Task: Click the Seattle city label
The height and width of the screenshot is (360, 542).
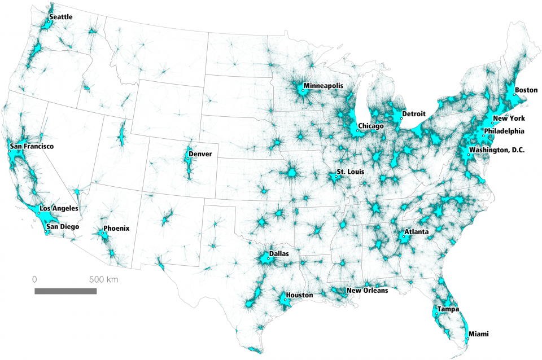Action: pos(60,17)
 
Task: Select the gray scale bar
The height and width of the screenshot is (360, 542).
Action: pos(65,291)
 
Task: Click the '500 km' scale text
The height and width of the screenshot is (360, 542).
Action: pos(103,279)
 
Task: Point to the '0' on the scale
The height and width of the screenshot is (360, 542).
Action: pos(34,279)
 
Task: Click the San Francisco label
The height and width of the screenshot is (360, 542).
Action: pos(32,147)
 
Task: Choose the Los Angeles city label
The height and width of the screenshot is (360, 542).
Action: pos(59,208)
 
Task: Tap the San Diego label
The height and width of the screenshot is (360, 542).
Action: pos(63,227)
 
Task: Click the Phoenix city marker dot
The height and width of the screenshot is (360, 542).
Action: pos(103,232)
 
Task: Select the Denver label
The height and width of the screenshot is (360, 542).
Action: pos(200,153)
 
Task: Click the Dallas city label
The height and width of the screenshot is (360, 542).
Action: pos(279,254)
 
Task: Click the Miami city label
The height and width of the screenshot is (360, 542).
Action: pos(478,334)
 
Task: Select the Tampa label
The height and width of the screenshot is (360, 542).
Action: pos(448,309)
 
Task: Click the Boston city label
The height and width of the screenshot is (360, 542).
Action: pos(526,90)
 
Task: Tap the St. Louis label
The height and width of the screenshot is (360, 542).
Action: pos(350,171)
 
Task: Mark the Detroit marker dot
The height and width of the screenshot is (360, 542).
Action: pos(401,118)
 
